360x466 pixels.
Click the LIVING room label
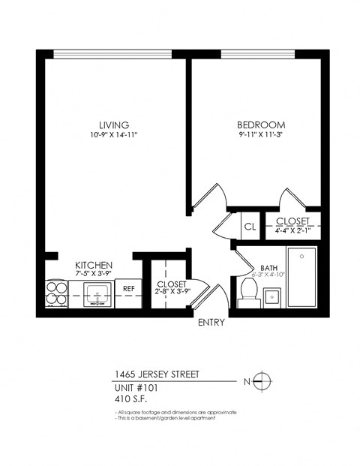[x=113, y=125]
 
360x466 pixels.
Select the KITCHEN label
[x=94, y=266]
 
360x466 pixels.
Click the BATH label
[x=268, y=268]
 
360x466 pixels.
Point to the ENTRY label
[x=211, y=323]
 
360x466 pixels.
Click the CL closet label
[x=249, y=225]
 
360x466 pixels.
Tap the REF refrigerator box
[x=128, y=288]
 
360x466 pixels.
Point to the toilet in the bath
[x=247, y=293]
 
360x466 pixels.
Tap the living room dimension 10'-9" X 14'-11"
[x=113, y=135]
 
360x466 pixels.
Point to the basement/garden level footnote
[x=166, y=418]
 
